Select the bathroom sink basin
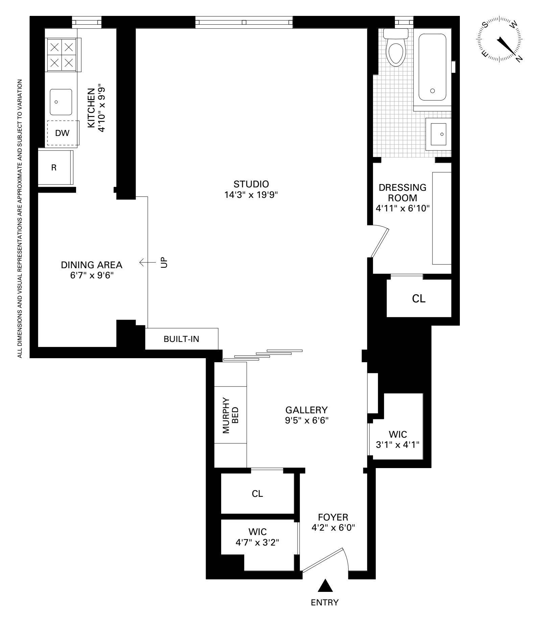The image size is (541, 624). click(x=438, y=134)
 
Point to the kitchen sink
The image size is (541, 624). click(x=61, y=102)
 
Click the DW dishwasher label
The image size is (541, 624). click(x=62, y=133)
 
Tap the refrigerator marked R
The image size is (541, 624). click(x=54, y=168)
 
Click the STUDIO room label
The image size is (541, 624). click(x=251, y=184)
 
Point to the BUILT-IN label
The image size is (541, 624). click(x=181, y=339)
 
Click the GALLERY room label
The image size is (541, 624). click(x=306, y=410)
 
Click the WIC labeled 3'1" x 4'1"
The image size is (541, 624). click(x=398, y=439)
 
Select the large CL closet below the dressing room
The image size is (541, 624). click(x=419, y=299)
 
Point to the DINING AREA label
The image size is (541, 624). click(x=91, y=265)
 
